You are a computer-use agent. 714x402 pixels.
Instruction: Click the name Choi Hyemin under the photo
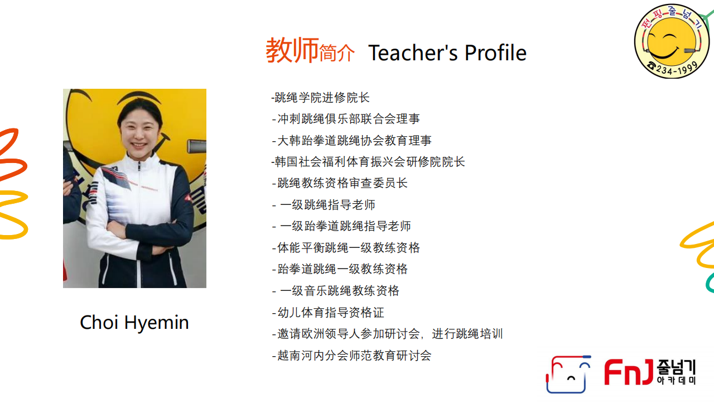tap(134, 323)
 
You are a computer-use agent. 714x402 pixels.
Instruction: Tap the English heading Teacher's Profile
tap(447, 52)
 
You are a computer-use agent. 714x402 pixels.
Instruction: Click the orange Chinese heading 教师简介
tap(310, 50)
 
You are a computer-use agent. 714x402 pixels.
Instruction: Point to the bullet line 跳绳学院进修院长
tap(320, 98)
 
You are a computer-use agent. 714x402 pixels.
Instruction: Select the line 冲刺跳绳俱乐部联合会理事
tap(346, 119)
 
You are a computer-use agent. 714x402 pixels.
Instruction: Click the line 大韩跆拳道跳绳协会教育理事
tap(351, 140)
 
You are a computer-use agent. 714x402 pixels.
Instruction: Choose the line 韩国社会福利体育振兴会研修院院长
tap(368, 162)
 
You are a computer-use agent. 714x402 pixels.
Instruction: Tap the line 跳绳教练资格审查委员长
tap(340, 183)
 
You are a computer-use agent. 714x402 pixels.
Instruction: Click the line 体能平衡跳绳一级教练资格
tap(346, 247)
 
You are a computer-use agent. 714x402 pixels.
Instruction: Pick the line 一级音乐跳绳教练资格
tap(336, 291)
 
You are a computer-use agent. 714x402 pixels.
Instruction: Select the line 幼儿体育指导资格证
tap(328, 312)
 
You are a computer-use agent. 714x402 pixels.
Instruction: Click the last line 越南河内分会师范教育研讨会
tap(351, 356)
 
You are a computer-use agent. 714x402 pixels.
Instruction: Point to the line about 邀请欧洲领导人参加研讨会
tap(387, 334)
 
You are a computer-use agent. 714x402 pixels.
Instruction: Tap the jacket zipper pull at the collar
tap(139, 166)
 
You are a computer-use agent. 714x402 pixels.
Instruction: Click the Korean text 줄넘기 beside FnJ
tap(676, 367)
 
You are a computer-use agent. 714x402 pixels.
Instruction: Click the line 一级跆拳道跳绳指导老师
tap(341, 226)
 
